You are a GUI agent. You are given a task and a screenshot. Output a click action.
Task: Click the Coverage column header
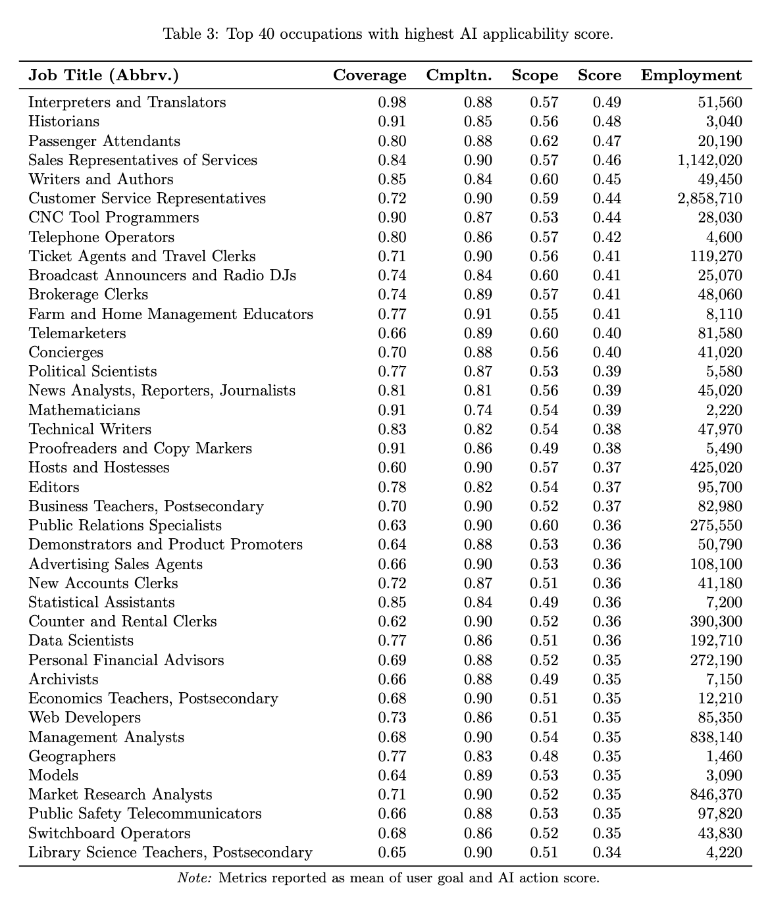click(369, 75)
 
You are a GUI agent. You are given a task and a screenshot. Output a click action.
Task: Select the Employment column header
click(691, 75)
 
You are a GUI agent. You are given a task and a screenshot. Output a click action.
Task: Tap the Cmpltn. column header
click(459, 75)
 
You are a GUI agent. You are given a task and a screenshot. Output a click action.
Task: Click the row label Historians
click(64, 122)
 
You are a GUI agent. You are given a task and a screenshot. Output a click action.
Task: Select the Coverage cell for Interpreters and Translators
click(392, 103)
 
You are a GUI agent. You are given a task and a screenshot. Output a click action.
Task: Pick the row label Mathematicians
click(84, 411)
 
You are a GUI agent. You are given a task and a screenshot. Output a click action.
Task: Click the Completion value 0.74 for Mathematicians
click(478, 411)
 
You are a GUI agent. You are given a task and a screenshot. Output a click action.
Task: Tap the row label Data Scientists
click(81, 641)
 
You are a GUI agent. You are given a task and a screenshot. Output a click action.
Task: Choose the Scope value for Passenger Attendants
click(544, 141)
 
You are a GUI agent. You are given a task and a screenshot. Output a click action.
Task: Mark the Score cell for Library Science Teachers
click(607, 853)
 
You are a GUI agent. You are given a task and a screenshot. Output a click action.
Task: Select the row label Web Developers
click(84, 718)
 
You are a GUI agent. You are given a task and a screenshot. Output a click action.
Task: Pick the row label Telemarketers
click(77, 334)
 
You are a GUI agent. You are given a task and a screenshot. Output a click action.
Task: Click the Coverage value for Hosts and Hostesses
click(392, 468)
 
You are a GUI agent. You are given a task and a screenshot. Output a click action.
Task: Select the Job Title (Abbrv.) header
click(103, 75)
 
